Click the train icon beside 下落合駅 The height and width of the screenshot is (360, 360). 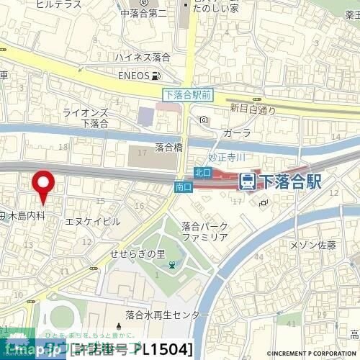[x=246, y=181]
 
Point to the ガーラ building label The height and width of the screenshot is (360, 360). [x=237, y=133]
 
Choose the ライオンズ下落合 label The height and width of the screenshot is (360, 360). [x=94, y=117]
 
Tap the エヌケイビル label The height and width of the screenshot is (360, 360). [x=93, y=222]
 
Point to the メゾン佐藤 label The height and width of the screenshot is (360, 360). [x=312, y=246]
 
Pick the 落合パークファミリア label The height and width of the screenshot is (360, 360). [x=205, y=231]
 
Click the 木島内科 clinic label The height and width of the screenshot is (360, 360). [x=26, y=215]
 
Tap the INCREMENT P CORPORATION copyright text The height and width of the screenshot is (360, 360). [x=312, y=354]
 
